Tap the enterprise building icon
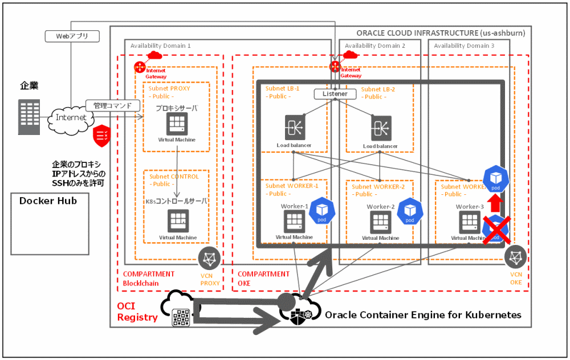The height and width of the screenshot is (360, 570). click(29, 117)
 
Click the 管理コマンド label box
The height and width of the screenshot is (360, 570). click(112, 105)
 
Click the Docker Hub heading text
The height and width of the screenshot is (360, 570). click(48, 201)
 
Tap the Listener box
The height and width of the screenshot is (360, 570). click(335, 94)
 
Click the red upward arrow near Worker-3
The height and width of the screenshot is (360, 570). click(495, 203)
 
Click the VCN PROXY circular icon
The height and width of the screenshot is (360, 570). click(209, 259)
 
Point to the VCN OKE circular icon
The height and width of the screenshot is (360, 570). click(516, 257)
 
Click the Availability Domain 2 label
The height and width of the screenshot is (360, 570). click(374, 46)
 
